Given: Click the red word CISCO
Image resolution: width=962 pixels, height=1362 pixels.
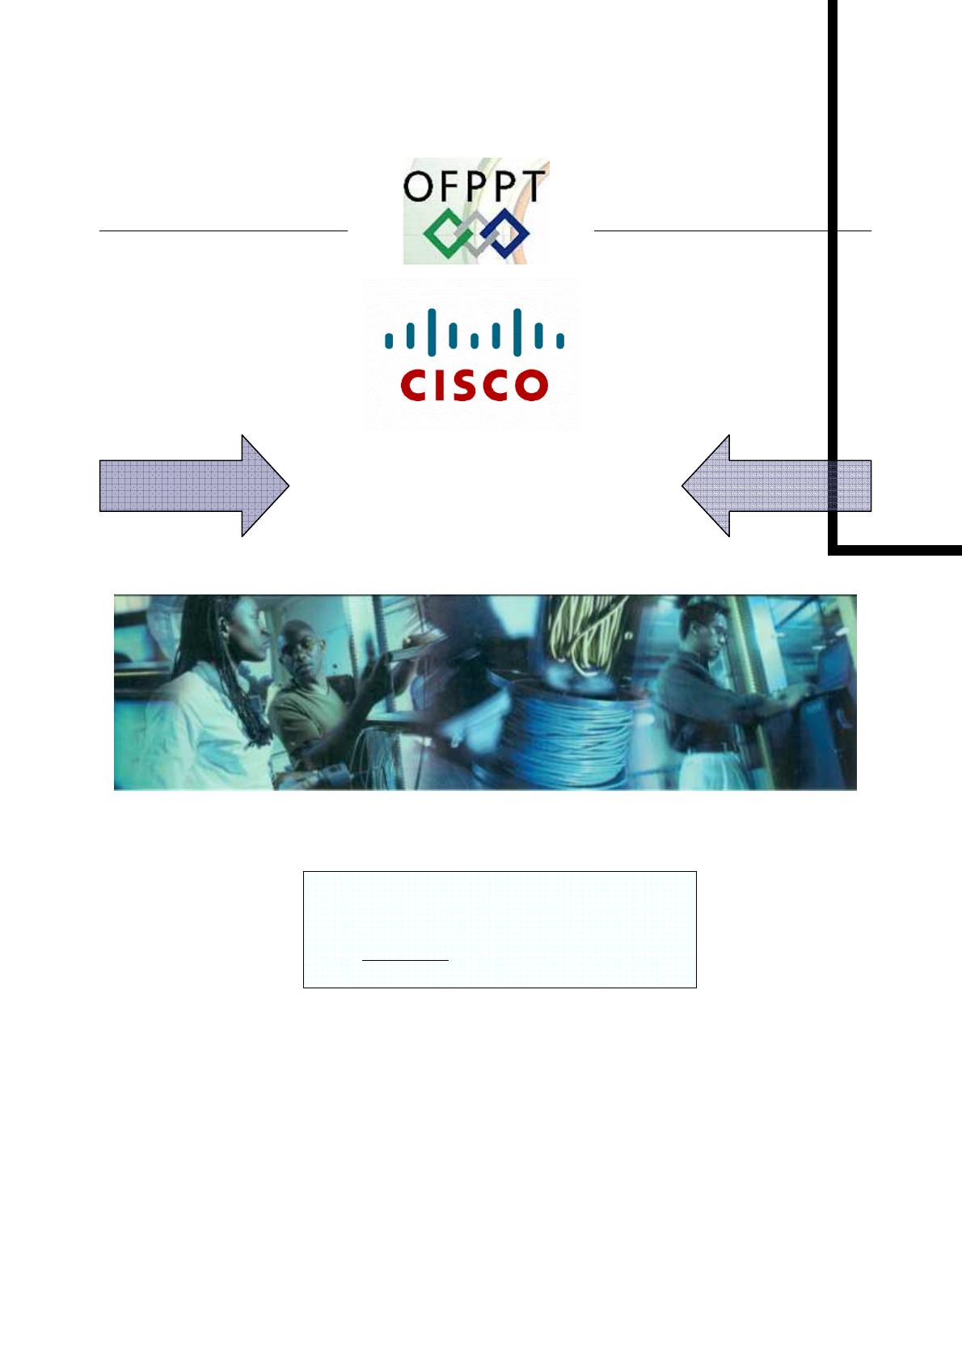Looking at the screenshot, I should pos(475,385).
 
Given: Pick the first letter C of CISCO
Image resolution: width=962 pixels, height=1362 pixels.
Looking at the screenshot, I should pos(415,385).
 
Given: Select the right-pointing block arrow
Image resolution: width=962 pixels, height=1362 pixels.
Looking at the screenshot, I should pos(194,485).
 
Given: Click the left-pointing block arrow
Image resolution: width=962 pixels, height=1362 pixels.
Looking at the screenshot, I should pos(776,485).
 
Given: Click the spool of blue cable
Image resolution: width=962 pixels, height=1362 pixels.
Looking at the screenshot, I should pos(566,728).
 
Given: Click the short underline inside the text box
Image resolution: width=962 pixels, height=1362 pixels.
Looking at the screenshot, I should pos(405,960).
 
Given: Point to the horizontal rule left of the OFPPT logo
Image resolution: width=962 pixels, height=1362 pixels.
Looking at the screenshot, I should pos(223,231).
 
